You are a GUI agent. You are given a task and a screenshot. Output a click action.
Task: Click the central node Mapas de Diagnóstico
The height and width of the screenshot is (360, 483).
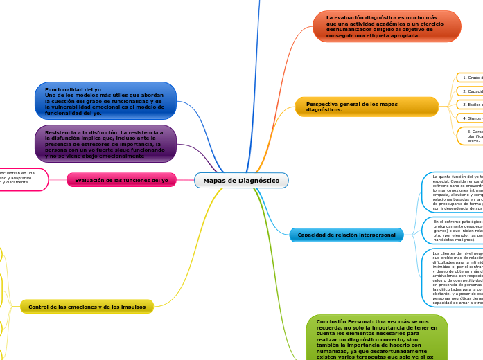pyautogui.click(x=241, y=181)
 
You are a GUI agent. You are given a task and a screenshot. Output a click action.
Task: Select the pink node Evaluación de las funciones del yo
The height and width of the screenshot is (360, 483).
pyautogui.click(x=121, y=180)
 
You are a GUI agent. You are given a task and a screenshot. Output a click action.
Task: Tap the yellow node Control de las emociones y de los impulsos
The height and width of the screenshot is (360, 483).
pyautogui.click(x=87, y=307)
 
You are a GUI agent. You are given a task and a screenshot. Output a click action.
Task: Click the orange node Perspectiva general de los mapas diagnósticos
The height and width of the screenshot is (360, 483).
pyautogui.click(x=367, y=107)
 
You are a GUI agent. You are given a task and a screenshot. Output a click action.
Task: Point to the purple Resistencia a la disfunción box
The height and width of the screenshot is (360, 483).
pyautogui.click(x=105, y=144)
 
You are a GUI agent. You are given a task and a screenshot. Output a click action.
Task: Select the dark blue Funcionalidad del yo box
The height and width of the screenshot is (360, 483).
pyautogui.click(x=105, y=101)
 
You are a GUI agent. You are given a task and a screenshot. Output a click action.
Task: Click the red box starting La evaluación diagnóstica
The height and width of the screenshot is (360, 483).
pyautogui.click(x=386, y=26)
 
